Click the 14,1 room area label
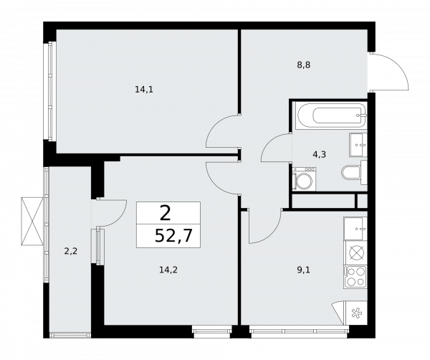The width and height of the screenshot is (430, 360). (x=144, y=90)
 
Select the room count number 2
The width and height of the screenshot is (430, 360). (x=166, y=212)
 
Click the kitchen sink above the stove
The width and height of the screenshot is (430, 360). (x=355, y=229)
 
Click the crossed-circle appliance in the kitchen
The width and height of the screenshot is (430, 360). (x=355, y=252)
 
